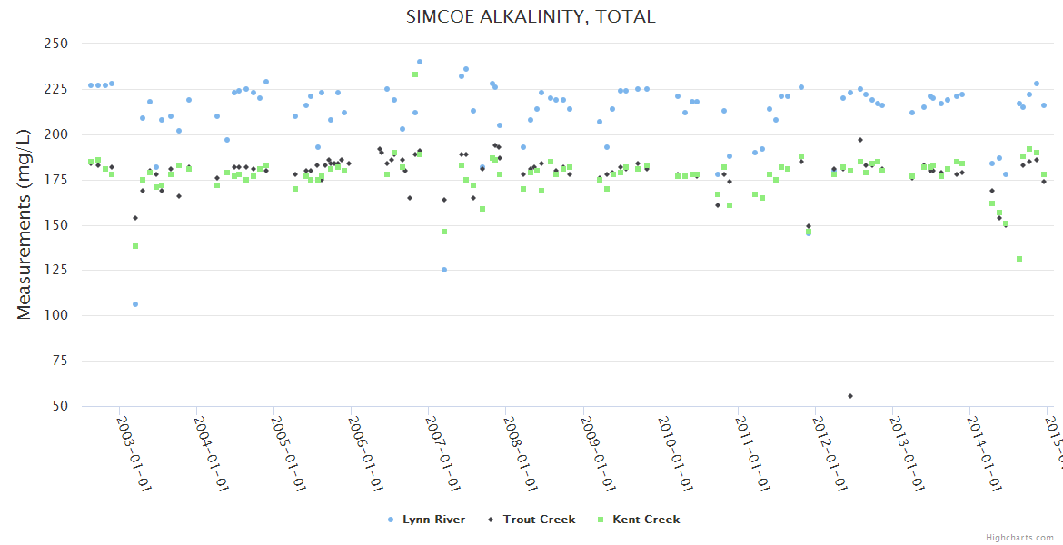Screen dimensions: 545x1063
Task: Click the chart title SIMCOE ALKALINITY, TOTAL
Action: pos(531,17)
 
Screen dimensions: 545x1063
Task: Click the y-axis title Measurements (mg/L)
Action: pos(25,225)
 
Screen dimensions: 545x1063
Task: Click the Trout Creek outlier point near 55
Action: pos(850,396)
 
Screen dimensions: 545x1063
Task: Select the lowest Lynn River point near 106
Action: pos(135,304)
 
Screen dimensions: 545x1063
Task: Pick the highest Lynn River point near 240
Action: pos(420,62)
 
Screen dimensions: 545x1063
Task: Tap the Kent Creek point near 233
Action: pos(415,74)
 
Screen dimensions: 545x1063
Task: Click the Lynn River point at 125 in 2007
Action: pos(444,270)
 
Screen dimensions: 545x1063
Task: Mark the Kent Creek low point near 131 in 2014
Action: pos(1019,259)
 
